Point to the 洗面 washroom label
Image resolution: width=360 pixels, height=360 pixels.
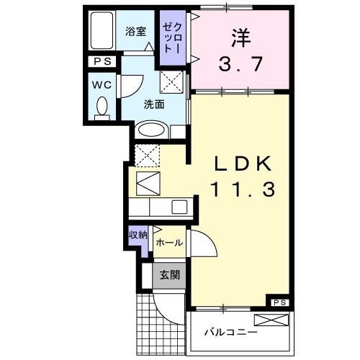(x=153, y=104)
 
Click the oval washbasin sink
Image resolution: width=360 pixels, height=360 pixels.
(x=151, y=130)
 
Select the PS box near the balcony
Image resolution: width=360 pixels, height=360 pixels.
(x=278, y=302)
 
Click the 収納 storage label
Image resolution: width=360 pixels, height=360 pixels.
(x=138, y=235)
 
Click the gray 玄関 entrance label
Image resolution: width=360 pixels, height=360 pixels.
(x=169, y=274)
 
